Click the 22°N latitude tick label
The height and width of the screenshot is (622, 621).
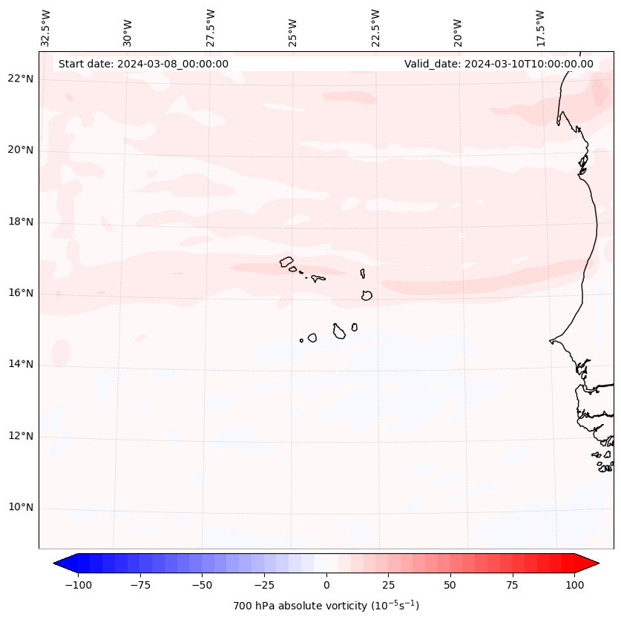pyautogui.click(x=21, y=79)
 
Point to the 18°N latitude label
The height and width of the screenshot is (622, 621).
pyautogui.click(x=21, y=222)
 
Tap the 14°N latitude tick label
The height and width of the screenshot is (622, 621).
pyautogui.click(x=21, y=364)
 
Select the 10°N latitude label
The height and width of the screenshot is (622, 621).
pyautogui.click(x=21, y=508)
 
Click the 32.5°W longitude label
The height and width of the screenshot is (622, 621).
pyautogui.click(x=46, y=28)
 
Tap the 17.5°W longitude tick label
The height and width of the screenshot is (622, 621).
pyautogui.click(x=540, y=28)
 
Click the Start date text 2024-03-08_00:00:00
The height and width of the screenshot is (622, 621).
pyautogui.click(x=143, y=64)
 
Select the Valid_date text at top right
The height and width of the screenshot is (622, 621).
pyautogui.click(x=499, y=64)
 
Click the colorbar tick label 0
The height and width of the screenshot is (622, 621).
pyautogui.click(x=326, y=585)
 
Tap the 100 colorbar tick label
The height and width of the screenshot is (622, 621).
pyautogui.click(x=574, y=585)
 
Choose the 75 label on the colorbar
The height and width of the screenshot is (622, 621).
pyautogui.click(x=513, y=585)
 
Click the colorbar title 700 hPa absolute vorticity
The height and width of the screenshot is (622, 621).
pyautogui.click(x=326, y=606)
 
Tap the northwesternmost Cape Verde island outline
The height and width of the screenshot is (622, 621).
pyautogui.click(x=286, y=262)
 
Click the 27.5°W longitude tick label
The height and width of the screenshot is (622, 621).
pyautogui.click(x=211, y=28)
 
